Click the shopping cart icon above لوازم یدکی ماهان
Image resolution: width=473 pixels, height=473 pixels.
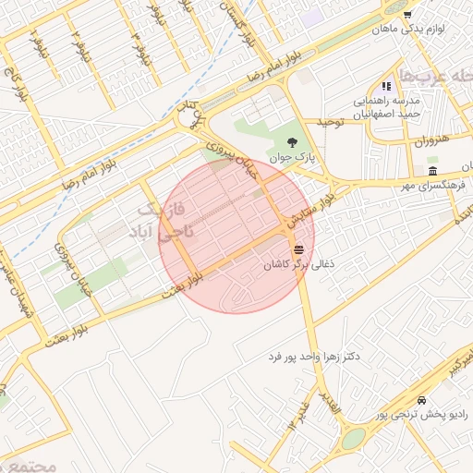point(407,15)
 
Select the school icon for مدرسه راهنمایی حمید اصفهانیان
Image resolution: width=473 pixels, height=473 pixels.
point(385,86)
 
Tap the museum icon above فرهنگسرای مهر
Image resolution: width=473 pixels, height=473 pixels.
point(432,173)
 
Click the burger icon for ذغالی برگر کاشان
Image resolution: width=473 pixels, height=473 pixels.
point(298,249)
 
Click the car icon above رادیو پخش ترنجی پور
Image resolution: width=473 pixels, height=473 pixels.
point(421,401)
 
